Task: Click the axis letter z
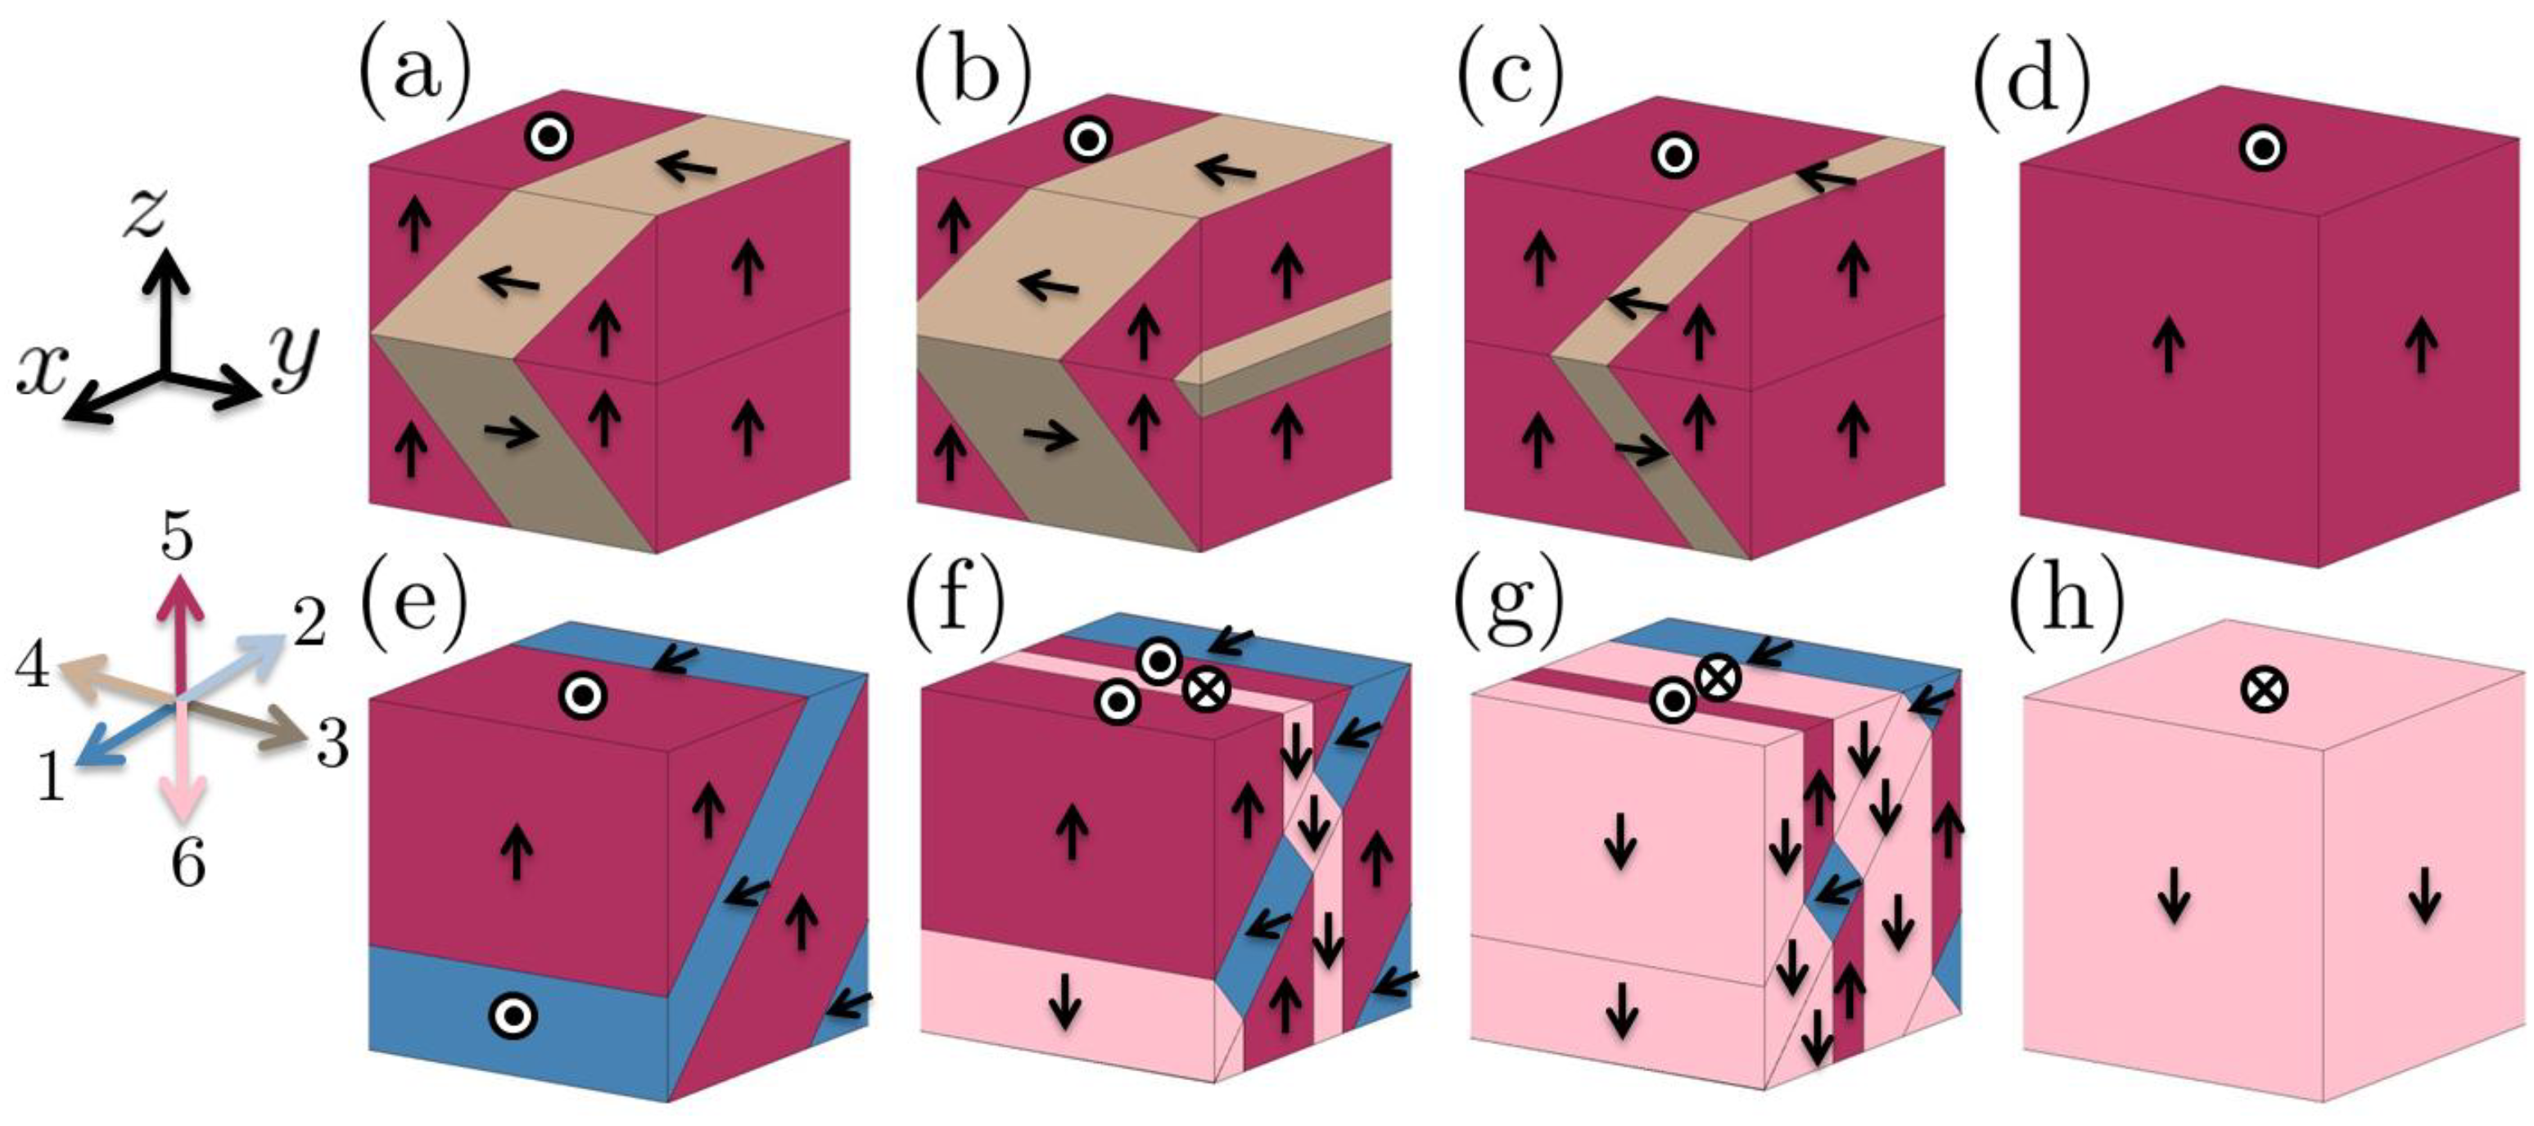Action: (145, 214)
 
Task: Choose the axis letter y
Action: (294, 357)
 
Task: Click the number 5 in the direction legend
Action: (177, 537)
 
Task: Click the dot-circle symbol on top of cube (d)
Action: (2262, 150)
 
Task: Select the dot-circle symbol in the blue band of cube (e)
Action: (513, 1014)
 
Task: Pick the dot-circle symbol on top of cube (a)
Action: (548, 137)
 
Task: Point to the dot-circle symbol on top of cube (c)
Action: (1674, 155)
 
